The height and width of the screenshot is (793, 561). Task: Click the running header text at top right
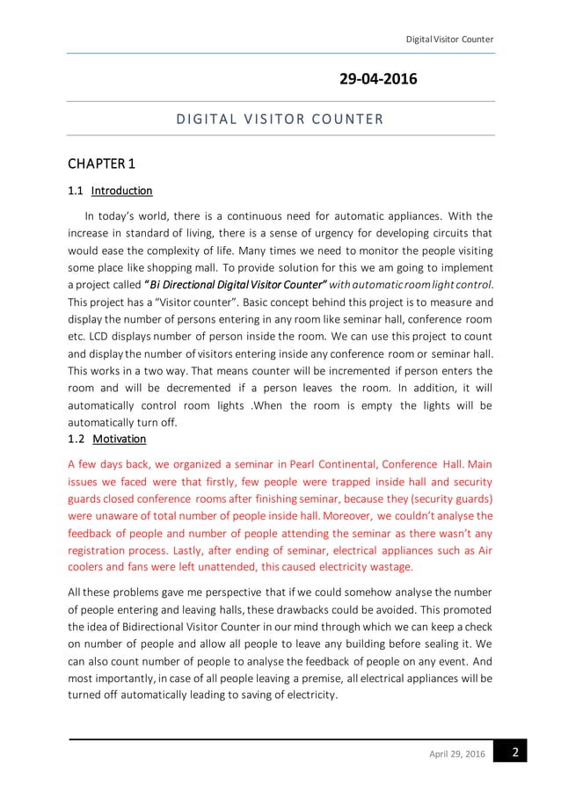(448, 39)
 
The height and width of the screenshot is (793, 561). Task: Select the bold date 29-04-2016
(378, 80)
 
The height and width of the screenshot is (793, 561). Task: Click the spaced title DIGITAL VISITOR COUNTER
(280, 119)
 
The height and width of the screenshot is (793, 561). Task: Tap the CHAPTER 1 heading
(101, 164)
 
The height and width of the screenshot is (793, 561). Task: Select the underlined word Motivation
(119, 439)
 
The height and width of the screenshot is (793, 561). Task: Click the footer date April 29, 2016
(456, 755)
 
